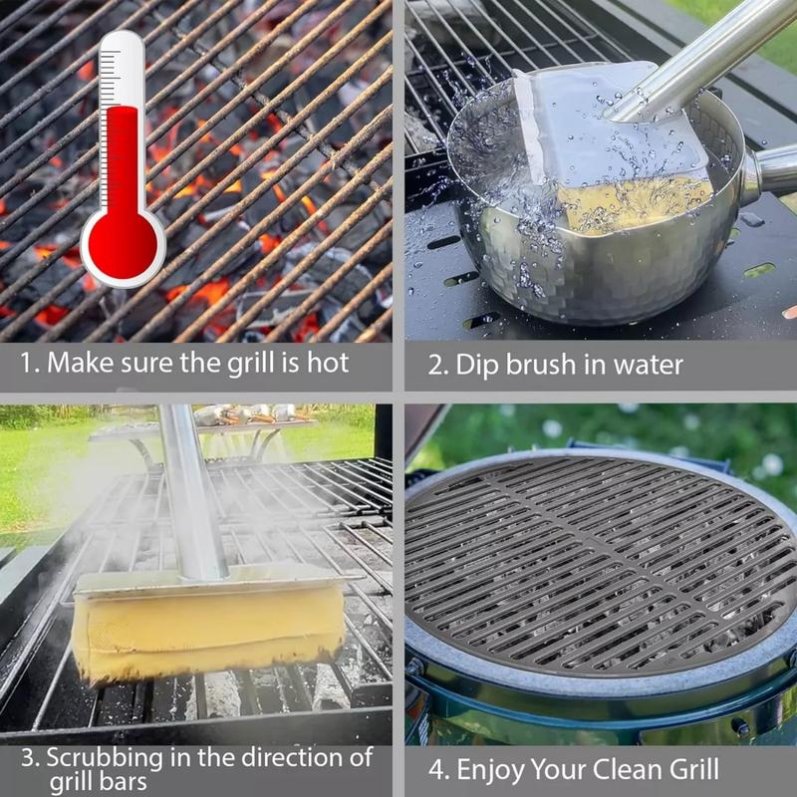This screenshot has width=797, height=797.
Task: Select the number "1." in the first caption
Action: click(31, 363)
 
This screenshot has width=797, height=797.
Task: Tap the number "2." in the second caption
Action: click(439, 365)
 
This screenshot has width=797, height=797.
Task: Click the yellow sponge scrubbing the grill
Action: click(208, 628)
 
